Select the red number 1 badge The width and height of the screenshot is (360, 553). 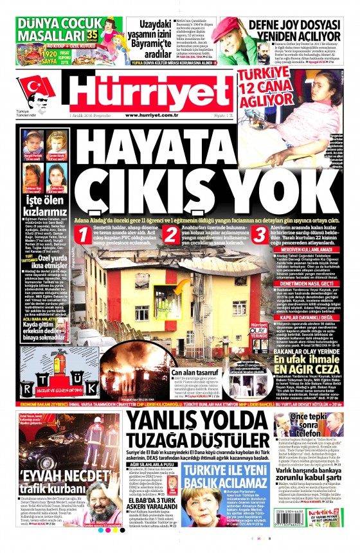pos(82,236)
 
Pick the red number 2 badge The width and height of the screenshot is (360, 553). pos(168,236)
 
